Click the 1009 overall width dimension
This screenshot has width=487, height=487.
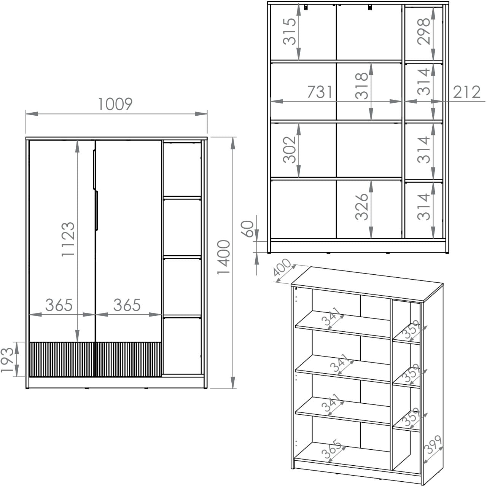(115, 104)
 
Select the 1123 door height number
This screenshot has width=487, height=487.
(68, 239)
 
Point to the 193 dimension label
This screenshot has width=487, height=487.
(7, 360)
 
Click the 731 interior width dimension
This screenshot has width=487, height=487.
(320, 92)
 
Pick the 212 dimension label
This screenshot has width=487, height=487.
(466, 92)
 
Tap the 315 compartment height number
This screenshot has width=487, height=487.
(290, 31)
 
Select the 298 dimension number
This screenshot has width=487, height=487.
(423, 31)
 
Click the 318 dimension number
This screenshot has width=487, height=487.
(361, 86)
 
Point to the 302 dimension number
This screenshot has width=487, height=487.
(290, 150)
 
